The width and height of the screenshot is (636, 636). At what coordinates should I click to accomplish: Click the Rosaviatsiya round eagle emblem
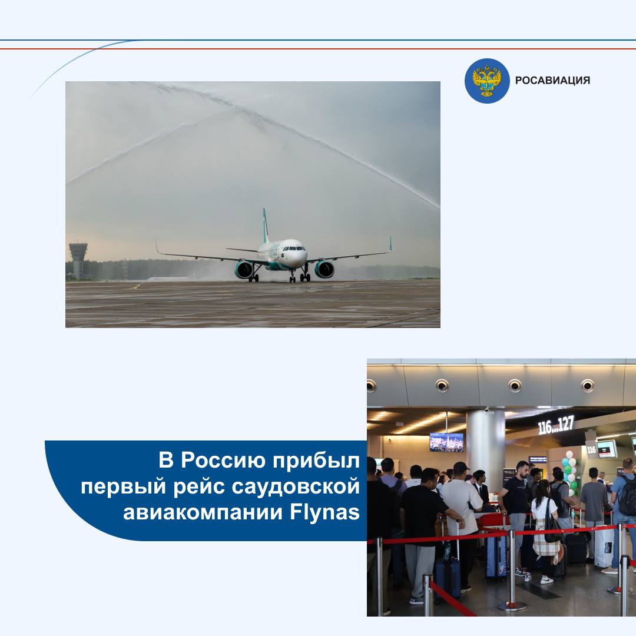click(x=487, y=80)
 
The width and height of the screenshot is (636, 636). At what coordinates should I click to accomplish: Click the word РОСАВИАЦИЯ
click(x=552, y=80)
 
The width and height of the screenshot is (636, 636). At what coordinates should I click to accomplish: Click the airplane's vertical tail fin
click(x=266, y=225)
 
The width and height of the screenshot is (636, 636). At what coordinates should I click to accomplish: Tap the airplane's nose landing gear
click(x=293, y=276)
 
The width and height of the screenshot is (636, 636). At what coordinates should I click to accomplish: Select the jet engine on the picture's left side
click(x=244, y=270)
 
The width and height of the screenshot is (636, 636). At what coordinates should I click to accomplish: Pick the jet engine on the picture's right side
click(x=324, y=269)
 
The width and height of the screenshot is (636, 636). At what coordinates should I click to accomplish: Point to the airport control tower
click(x=78, y=260)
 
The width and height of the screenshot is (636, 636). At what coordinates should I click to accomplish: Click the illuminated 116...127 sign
click(x=556, y=425)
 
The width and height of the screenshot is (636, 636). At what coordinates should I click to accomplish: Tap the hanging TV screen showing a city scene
click(x=446, y=442)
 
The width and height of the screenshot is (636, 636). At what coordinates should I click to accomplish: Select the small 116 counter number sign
click(x=591, y=449)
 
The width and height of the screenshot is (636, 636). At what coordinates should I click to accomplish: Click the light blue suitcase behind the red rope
click(x=496, y=555)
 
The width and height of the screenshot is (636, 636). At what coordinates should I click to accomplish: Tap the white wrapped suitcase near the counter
click(x=604, y=546)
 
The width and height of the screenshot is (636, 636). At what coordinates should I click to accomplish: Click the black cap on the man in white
click(x=461, y=468)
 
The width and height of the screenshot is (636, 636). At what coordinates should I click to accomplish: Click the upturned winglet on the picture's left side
click(x=156, y=247)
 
